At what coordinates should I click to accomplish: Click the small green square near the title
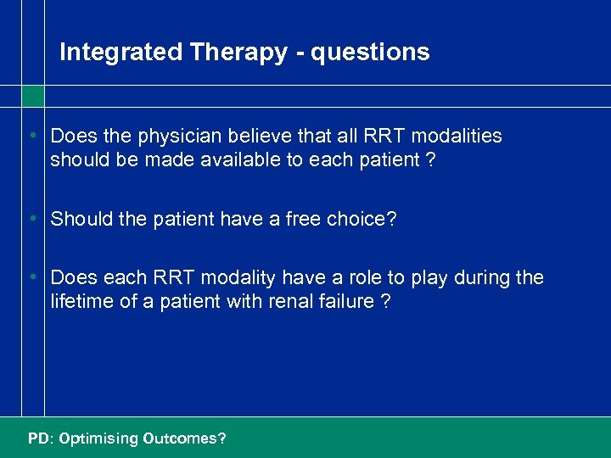tap(32, 96)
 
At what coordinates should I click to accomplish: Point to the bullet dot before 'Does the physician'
tap(31, 137)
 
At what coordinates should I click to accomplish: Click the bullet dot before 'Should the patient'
tap(31, 220)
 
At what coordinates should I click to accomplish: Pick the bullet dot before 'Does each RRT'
tap(31, 278)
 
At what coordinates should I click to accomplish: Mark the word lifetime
tap(81, 301)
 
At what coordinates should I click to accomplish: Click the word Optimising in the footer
tap(98, 438)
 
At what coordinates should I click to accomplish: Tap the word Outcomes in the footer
tap(184, 438)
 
